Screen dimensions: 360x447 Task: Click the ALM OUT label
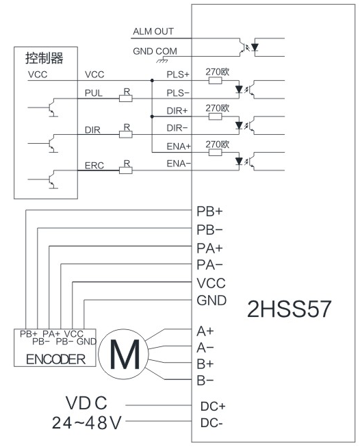point(153,31)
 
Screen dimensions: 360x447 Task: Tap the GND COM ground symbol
point(162,60)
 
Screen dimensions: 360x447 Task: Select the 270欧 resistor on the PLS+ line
point(215,81)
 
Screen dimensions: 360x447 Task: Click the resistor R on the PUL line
point(125,99)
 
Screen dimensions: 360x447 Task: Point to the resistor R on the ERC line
point(125,170)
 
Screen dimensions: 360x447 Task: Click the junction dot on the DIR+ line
point(152,116)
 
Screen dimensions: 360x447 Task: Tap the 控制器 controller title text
point(44,58)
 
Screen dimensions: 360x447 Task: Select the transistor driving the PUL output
point(51,107)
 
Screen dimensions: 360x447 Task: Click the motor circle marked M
point(123,354)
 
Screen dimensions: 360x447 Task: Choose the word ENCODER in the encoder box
point(55,359)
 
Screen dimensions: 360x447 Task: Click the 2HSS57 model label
point(289,309)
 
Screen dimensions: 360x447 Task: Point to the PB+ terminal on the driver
point(209,212)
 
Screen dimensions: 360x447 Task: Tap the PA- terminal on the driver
point(209,265)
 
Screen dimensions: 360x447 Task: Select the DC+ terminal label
point(213,406)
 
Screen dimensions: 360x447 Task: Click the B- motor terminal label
point(205,381)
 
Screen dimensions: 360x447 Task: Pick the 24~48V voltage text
point(87,423)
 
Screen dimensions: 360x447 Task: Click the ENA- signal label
point(179,164)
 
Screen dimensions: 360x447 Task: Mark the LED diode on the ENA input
point(239,162)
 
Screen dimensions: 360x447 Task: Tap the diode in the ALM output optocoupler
point(255,47)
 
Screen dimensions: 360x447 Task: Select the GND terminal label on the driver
point(211,301)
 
